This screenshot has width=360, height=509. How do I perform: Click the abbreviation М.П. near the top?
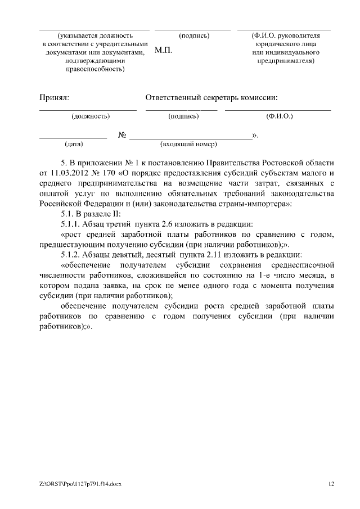coord(163,51)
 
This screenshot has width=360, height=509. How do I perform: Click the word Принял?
coord(54,98)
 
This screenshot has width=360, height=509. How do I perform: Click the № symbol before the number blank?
coord(122,136)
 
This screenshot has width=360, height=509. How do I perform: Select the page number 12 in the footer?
coord(331,483)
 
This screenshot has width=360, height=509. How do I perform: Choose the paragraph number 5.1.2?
coord(71,254)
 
